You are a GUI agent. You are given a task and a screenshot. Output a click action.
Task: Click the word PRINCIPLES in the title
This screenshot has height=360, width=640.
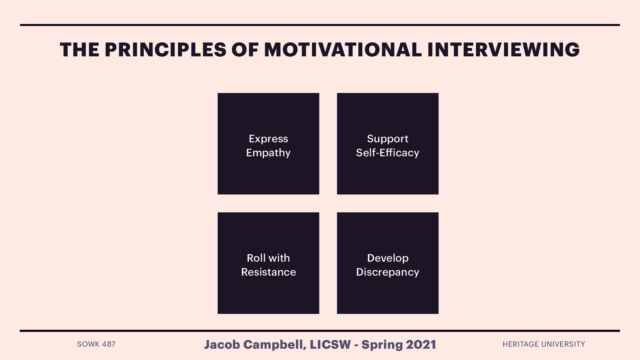tap(165, 50)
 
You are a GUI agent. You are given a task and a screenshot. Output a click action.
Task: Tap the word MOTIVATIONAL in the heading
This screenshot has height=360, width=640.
tap(343, 50)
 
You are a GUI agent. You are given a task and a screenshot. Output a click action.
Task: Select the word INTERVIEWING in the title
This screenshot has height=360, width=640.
tap(503, 50)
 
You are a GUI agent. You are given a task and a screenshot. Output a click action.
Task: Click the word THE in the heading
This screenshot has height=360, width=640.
tap(80, 50)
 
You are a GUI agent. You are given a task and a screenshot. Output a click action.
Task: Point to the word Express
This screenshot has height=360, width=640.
tap(268, 139)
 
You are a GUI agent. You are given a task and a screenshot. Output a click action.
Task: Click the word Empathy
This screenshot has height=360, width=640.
tap(268, 153)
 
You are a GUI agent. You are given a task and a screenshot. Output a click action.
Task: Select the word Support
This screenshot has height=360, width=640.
tap(388, 139)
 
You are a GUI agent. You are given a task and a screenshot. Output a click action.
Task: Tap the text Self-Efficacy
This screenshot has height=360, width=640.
tap(388, 153)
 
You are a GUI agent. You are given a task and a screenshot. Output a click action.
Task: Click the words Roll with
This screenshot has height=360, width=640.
tap(268, 258)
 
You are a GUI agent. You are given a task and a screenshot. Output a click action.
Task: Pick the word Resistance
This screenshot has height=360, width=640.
tap(268, 272)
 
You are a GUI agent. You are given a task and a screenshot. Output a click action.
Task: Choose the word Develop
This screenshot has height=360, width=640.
tap(388, 258)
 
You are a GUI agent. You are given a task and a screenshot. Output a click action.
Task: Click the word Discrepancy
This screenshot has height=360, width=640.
tap(388, 272)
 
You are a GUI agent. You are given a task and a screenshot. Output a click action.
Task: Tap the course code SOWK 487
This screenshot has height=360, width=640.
tap(96, 344)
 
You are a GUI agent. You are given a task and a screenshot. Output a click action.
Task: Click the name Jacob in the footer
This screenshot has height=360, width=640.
tap(222, 344)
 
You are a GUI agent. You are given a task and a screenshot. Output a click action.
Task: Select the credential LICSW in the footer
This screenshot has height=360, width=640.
tap(330, 344)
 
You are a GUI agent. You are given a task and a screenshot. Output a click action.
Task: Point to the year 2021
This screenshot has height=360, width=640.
tap(421, 344)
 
